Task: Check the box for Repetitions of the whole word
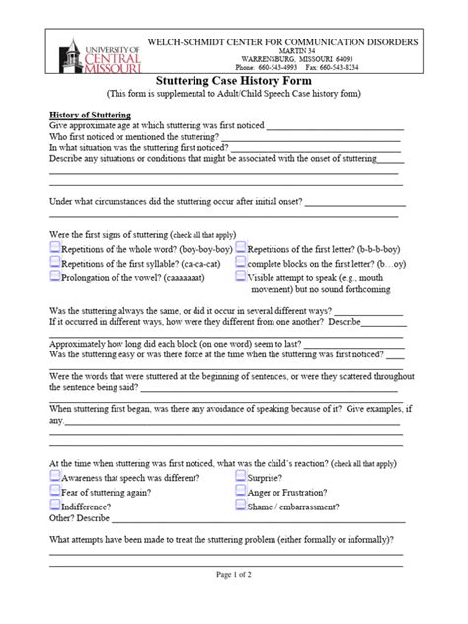(55, 250)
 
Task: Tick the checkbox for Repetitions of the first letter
(241, 250)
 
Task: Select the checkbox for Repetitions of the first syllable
(55, 265)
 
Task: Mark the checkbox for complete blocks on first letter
(241, 265)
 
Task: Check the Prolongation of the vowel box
(55, 279)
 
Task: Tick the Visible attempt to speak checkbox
(241, 279)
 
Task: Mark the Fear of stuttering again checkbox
(55, 491)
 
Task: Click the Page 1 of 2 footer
(233, 600)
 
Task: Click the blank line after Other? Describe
(257, 521)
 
